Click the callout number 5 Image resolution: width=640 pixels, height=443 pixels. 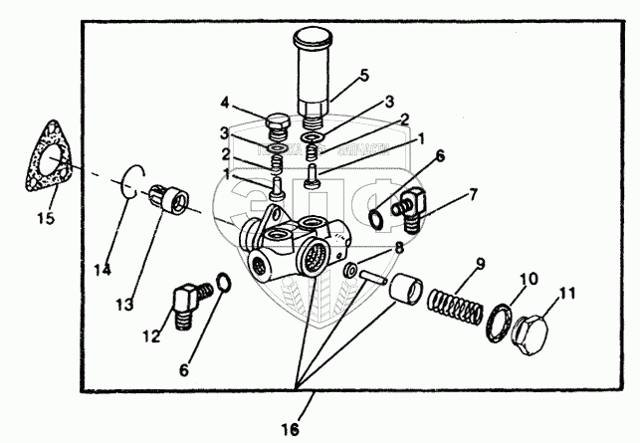click(x=364, y=74)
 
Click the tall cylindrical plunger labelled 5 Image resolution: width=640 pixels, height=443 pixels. click(x=313, y=75)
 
